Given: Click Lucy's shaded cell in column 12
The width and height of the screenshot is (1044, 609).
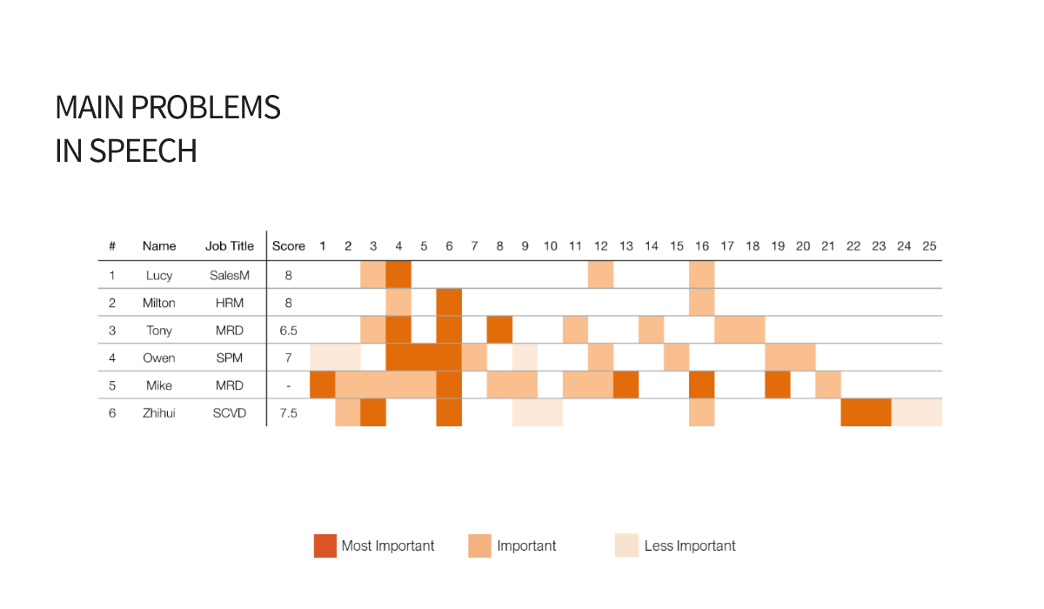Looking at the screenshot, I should coord(600,275).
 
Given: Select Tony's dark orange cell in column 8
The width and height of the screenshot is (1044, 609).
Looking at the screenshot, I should coord(499,330).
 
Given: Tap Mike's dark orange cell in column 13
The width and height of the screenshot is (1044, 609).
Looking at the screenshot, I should coord(626,385).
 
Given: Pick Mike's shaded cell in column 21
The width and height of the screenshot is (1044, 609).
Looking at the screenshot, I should coord(828,385).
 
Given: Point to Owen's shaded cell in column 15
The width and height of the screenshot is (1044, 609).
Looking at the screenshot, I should coord(676,358).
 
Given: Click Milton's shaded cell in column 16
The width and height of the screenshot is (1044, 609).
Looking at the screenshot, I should coord(702,303).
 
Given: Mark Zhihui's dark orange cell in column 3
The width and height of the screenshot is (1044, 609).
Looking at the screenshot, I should coord(373,412).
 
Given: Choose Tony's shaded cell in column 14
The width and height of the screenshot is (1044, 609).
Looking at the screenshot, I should coord(651,330).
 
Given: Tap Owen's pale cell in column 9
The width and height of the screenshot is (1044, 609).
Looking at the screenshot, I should coord(525,358).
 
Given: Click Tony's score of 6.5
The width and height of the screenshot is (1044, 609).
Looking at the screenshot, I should coord(288,331).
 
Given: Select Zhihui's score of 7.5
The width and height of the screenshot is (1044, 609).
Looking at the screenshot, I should coord(288,413).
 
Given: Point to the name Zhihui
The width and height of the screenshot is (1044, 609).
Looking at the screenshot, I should coord(159,413).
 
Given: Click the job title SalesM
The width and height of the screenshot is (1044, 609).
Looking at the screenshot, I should coord(230,276).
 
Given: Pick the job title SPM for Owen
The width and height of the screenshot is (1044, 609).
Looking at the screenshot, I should coord(230,358).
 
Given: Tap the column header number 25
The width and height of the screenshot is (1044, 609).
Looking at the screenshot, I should coord(929,246).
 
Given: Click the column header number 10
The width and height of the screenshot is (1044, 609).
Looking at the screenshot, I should coord(550,246).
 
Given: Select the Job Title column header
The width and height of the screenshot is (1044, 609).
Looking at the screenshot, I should coord(230,246).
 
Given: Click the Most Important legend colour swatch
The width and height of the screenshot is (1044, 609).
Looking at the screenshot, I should coord(325,545).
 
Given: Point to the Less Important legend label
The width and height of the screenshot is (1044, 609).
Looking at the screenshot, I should coord(689,546).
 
